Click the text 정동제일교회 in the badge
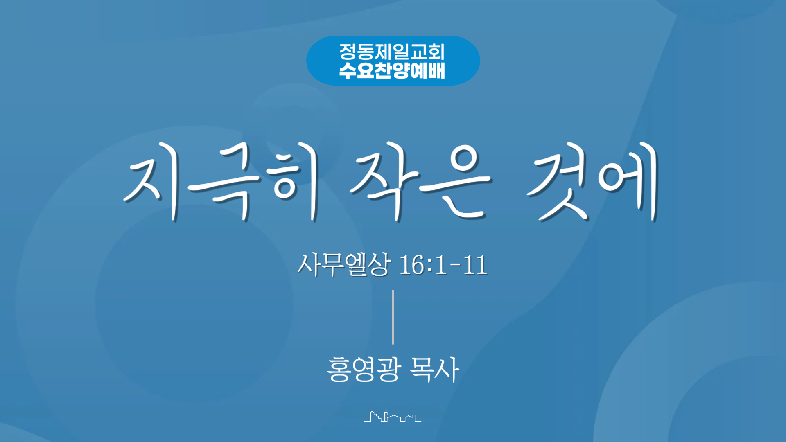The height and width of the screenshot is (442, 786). coord(392,52)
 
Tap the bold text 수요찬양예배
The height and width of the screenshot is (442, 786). coord(392,70)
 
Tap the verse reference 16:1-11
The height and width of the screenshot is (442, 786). coord(443,265)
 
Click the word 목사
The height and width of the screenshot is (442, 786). coord(434,369)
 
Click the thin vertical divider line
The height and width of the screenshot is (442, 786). coord(393,317)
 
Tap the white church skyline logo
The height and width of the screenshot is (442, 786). coord(393,416)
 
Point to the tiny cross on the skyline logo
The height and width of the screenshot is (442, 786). coord(386,410)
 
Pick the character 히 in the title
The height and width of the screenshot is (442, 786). coord(294,182)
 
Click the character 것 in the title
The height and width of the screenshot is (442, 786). coord(561,182)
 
